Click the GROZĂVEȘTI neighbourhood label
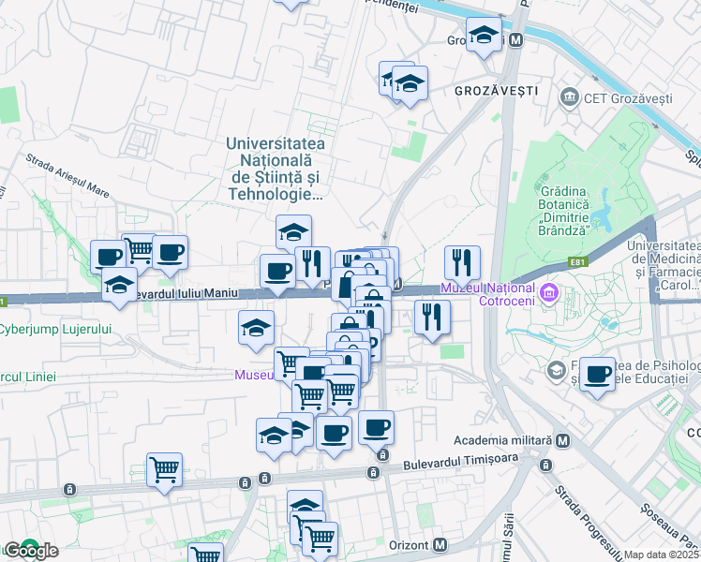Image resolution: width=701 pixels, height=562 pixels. [496, 91]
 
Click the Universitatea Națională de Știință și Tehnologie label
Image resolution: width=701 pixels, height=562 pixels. [275, 170]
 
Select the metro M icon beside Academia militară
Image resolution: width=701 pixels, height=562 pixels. [562, 440]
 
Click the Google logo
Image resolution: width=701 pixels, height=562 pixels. [30, 550]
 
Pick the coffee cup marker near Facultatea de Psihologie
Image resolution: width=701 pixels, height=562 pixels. [597, 375]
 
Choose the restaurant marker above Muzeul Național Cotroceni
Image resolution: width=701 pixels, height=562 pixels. [462, 262]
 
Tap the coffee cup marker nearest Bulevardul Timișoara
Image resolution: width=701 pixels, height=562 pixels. [376, 427]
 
